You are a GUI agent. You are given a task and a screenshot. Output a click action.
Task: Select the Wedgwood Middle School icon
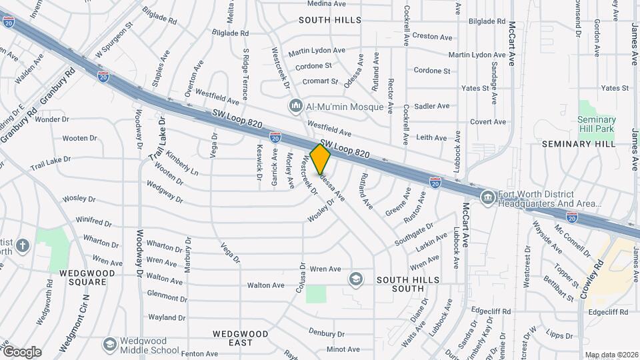pyautogui.click(x=111, y=344)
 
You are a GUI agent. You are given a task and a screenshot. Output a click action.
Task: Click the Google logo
pyautogui.click(x=21, y=351)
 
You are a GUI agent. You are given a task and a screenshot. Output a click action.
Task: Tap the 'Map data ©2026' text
pyautogui.click(x=611, y=355)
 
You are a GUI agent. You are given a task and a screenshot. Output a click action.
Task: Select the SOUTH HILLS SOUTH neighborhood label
pyautogui.click(x=400, y=284)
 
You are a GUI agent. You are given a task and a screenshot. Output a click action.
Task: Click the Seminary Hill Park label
pyautogui.click(x=597, y=124)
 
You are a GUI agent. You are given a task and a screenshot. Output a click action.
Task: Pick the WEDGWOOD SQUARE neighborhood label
pyautogui.click(x=83, y=277)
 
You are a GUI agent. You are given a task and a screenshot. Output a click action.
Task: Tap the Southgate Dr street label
pyautogui.click(x=413, y=234)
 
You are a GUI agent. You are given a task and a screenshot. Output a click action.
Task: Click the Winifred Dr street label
pyautogui.click(x=92, y=221)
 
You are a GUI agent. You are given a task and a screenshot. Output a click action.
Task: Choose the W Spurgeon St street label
pyautogui.click(x=114, y=41)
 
